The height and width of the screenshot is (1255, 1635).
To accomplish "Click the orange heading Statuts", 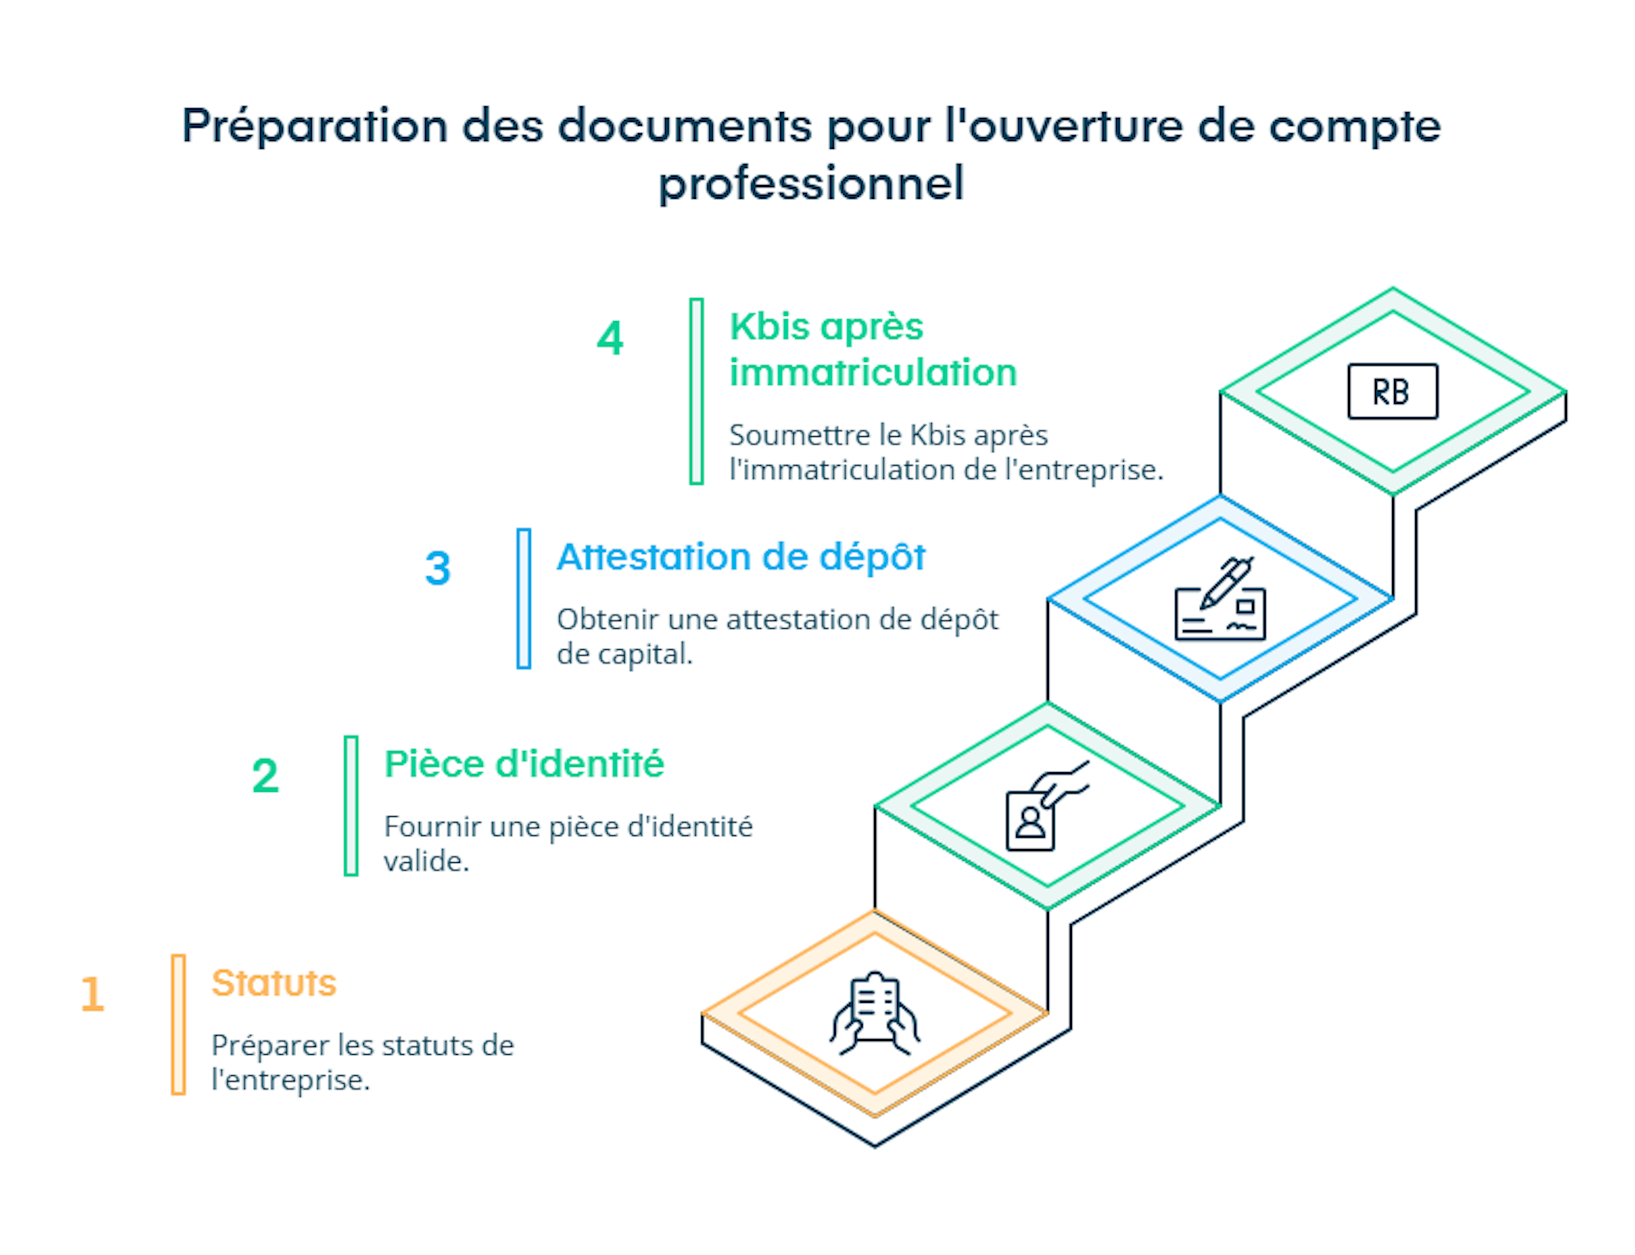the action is [x=274, y=983].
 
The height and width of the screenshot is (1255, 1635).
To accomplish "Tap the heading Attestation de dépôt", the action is [x=741, y=557].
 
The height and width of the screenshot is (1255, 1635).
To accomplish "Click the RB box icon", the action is [x=1392, y=391].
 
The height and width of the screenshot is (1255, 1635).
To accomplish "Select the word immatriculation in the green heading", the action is [x=873, y=373].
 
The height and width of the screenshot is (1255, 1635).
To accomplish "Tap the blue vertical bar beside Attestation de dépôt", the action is [x=524, y=598].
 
